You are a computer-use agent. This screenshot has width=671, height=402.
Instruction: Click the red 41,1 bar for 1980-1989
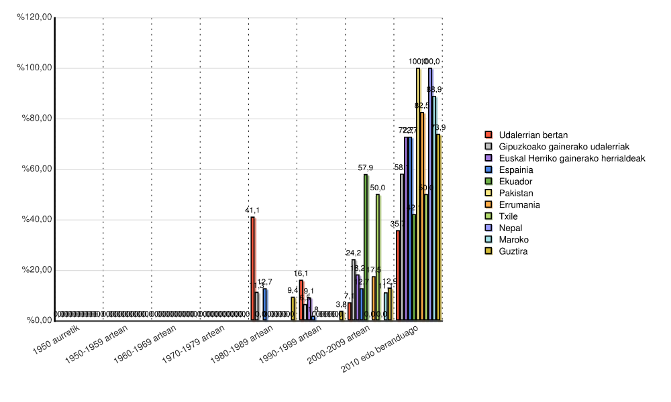(x=252, y=268)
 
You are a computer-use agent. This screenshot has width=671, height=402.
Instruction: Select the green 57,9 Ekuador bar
(x=366, y=247)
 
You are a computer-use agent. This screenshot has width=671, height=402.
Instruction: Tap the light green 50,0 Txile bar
(x=378, y=257)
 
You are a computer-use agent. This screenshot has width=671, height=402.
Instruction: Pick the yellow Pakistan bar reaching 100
(x=418, y=194)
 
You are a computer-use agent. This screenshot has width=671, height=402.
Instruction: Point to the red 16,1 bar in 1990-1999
(x=301, y=300)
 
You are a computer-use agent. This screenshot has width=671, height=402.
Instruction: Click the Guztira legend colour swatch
(x=488, y=251)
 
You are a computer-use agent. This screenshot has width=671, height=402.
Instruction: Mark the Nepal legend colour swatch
(x=488, y=228)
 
